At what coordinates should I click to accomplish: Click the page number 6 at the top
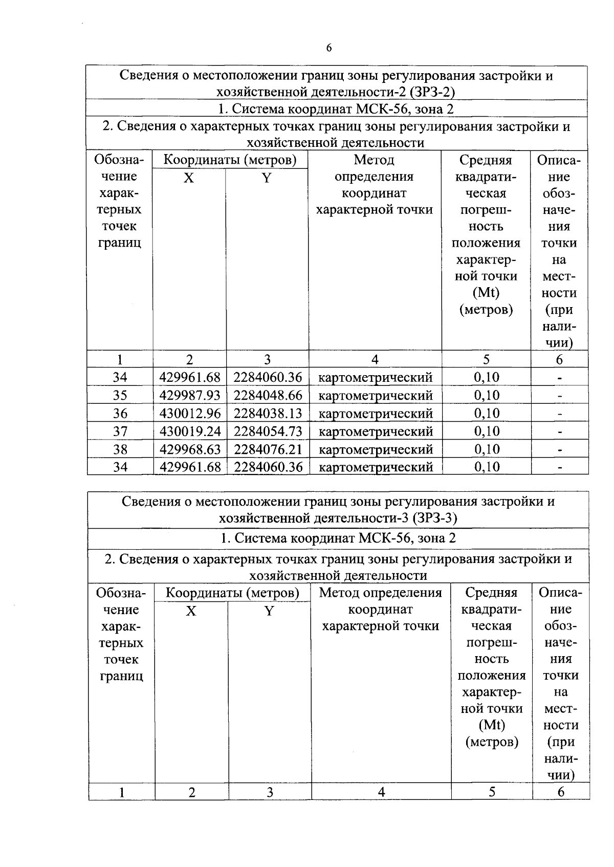click(328, 48)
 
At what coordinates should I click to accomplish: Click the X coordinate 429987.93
click(190, 395)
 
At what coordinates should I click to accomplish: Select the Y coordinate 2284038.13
click(268, 413)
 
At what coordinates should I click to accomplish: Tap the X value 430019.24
click(190, 431)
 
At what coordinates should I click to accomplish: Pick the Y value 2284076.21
click(268, 449)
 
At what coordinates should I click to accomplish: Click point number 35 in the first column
click(120, 395)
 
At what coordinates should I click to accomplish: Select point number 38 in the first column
click(120, 449)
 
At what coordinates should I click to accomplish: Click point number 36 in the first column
click(120, 413)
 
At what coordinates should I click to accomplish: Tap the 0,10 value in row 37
click(486, 431)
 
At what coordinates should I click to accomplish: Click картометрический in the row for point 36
click(376, 413)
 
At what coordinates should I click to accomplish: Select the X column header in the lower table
click(191, 611)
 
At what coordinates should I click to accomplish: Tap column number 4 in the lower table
click(381, 792)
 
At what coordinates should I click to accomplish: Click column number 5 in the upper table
click(486, 359)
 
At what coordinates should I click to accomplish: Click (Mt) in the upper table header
click(486, 293)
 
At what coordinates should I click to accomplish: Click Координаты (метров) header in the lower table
click(233, 593)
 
